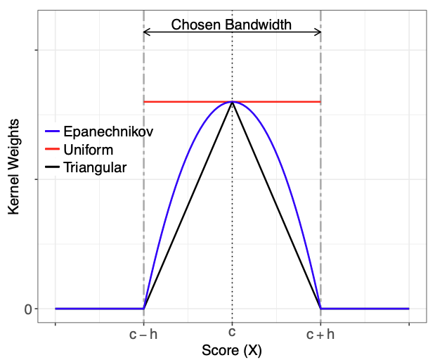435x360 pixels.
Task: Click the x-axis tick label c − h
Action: [143, 335]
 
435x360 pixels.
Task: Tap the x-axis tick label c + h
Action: [320, 335]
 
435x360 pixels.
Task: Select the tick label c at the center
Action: [232, 334]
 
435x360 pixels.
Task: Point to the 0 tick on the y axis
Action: [28, 309]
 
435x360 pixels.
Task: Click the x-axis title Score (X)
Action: [232, 350]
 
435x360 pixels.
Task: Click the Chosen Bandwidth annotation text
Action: [231, 25]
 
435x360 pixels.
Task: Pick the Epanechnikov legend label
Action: [108, 131]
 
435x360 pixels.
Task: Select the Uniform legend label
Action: [88, 150]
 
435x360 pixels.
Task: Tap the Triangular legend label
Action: [95, 168]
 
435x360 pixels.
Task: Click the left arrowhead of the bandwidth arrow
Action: [145, 32]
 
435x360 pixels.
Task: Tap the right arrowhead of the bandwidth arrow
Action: [318, 32]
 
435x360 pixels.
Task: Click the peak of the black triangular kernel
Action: [232, 103]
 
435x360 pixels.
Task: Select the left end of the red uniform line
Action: [145, 102]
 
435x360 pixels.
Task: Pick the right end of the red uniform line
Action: [320, 102]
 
